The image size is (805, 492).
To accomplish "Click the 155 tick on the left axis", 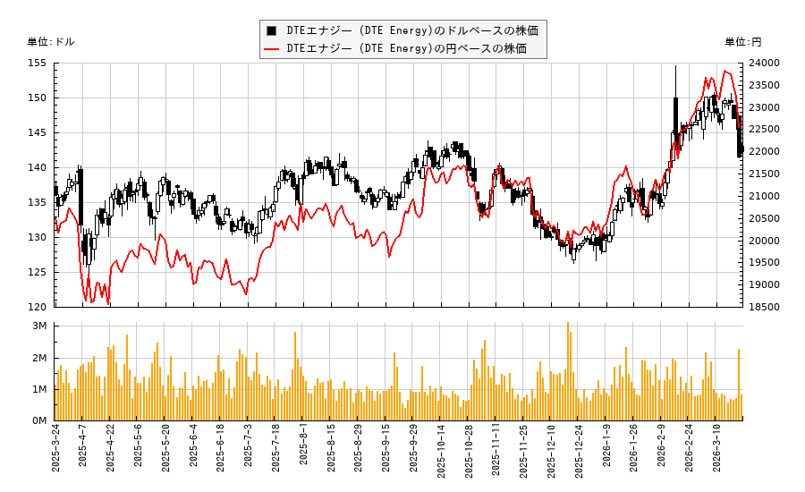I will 38,64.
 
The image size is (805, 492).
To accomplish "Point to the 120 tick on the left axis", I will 38,307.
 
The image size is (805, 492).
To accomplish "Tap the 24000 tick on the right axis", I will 765,64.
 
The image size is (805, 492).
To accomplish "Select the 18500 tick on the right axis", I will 765,307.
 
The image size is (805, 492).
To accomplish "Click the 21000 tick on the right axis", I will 765,196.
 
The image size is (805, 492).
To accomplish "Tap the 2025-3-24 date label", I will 55,453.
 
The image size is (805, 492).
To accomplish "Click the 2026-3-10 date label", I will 716,453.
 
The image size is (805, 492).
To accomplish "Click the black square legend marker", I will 272,30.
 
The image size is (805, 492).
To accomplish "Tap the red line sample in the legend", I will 272,48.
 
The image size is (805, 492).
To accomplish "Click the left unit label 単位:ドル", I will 51,42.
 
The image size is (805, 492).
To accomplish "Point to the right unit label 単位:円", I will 742,42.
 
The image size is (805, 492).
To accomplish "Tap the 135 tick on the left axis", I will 38,202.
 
